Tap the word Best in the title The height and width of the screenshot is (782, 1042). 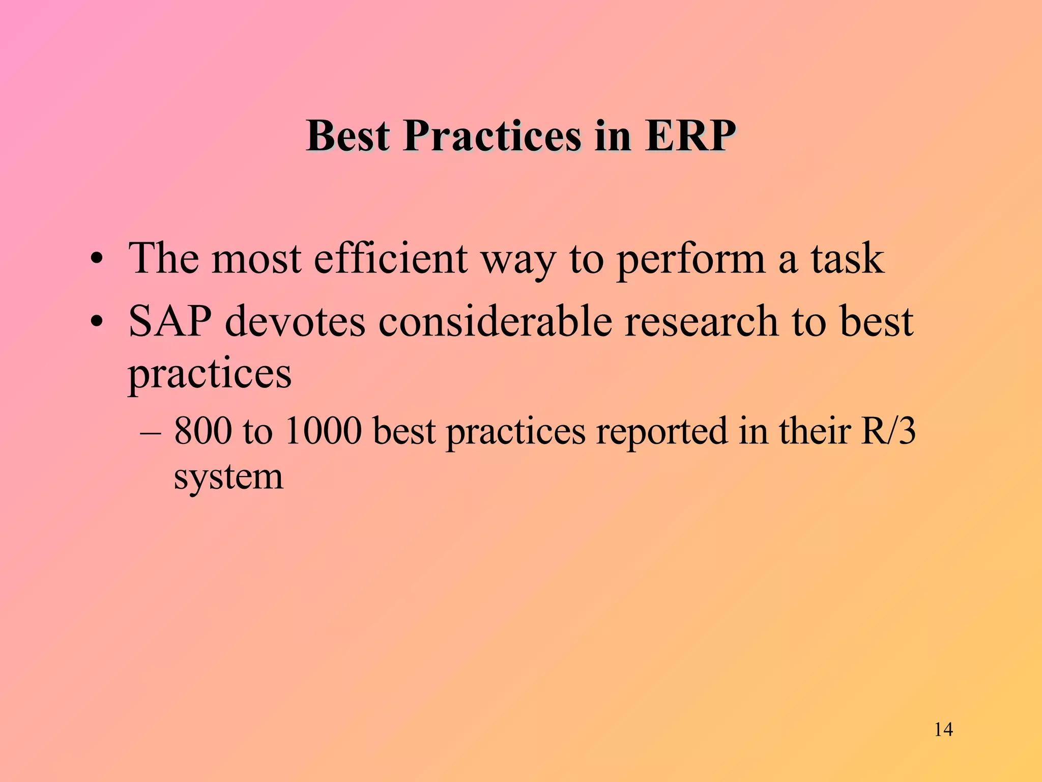tap(348, 136)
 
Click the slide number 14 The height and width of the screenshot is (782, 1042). tap(943, 730)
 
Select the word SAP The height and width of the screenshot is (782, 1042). tap(170, 322)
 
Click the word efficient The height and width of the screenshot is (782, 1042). tap(390, 259)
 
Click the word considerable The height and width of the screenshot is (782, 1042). tap(495, 322)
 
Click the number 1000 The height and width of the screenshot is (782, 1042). tap(324, 431)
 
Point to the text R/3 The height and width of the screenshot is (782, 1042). tap(888, 431)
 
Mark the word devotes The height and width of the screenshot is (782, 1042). tap(295, 322)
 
